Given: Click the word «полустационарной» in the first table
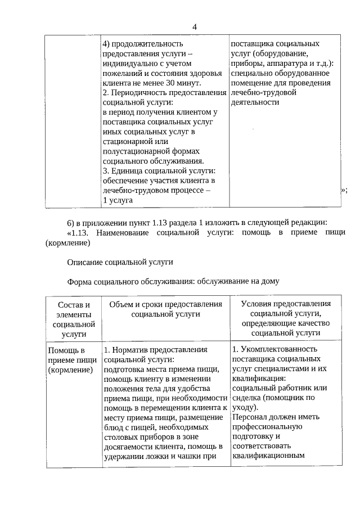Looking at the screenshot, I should (x=137, y=151).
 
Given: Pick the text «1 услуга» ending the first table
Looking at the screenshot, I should (x=118, y=200).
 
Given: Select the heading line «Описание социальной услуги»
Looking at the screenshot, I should (x=120, y=262).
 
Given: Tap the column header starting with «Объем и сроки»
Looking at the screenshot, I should (x=166, y=309).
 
